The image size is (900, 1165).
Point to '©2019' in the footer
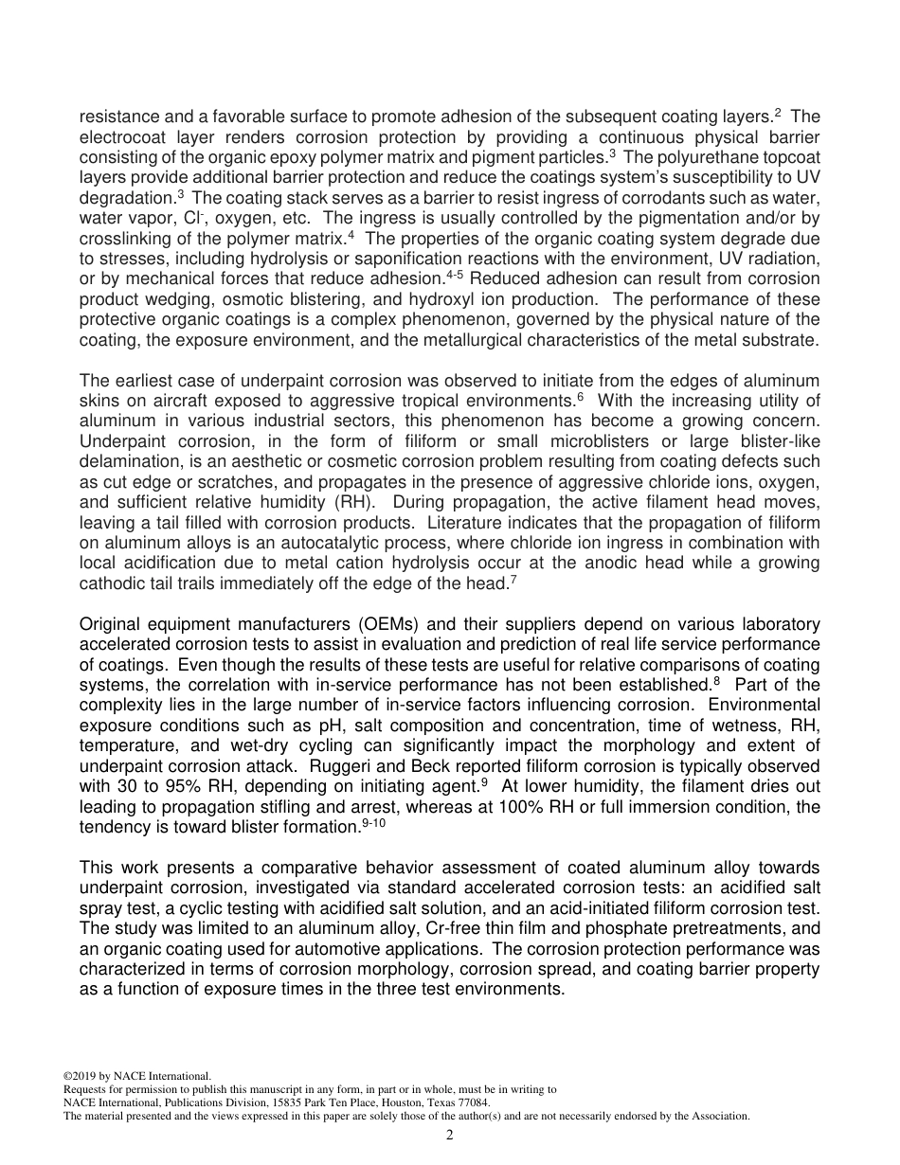pyautogui.click(x=80, y=1076)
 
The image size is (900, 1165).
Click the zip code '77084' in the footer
pyautogui.click(x=474, y=1102)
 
